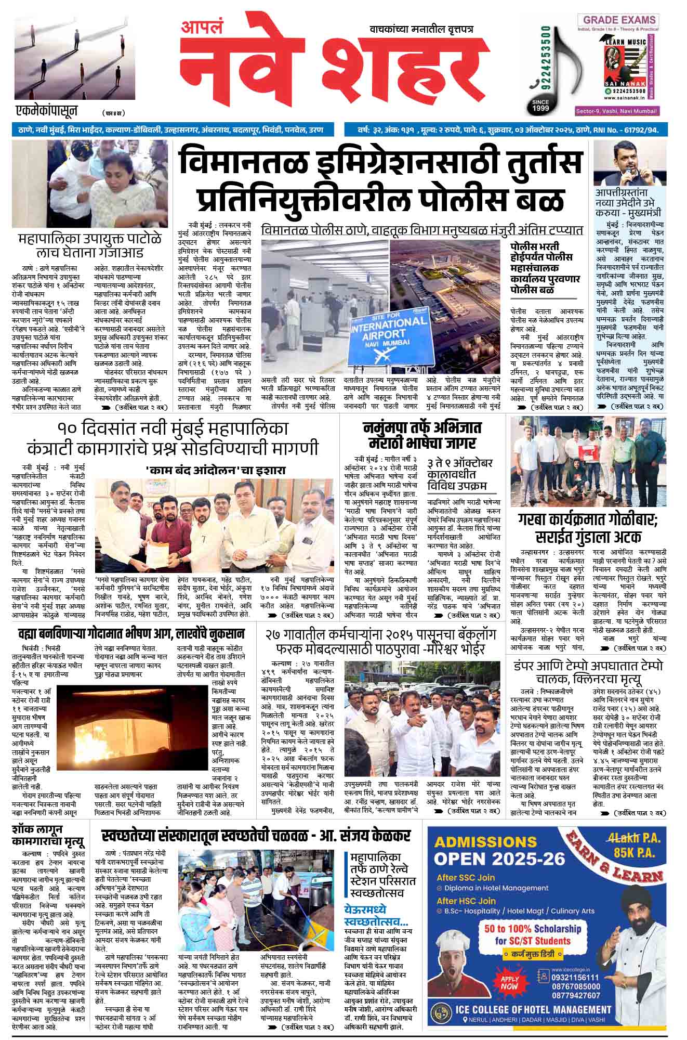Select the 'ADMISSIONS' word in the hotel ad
[478, 841]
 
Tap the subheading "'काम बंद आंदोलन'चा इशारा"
[216, 470]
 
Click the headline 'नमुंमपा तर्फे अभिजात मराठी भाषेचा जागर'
[422, 435]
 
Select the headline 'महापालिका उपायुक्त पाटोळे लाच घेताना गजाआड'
[89, 245]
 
